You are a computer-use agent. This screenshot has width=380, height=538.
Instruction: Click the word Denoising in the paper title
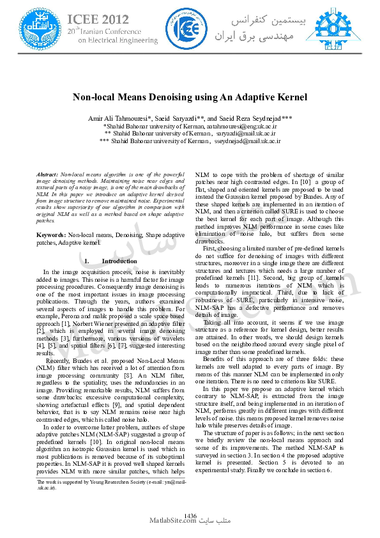point(180,98)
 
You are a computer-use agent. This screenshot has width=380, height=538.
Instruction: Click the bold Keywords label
point(51,236)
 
